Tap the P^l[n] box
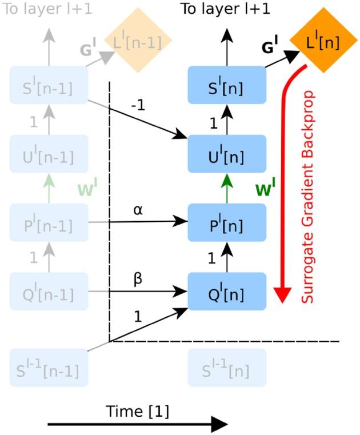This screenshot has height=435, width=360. pos(227,224)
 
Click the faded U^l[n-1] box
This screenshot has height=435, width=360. pos(49,154)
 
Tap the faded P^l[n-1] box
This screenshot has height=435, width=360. pos(49,224)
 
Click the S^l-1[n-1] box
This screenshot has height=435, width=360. pos(49,369)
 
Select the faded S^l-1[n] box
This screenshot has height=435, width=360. pos(227,369)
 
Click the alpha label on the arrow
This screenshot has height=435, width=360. pos(138,210)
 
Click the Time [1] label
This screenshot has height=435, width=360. pos(138,410)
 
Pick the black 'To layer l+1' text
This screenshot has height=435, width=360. pos(227,9)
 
